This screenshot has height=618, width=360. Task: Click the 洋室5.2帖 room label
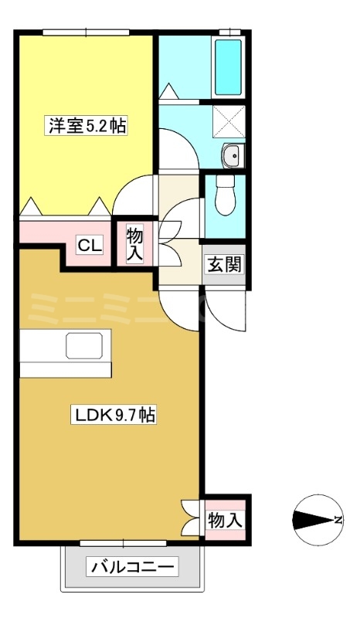[x=87, y=125]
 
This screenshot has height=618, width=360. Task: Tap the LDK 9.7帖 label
[x=115, y=416]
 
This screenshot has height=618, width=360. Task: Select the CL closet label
[x=89, y=246]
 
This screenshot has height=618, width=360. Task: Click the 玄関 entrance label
[x=224, y=264]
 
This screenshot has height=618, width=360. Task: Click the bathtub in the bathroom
[x=228, y=67]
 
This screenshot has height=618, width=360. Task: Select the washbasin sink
[x=231, y=156]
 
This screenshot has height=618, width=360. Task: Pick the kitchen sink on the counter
[x=89, y=346]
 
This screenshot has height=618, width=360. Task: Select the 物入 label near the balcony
[x=225, y=521]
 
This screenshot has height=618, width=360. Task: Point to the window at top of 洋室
[x=85, y=32]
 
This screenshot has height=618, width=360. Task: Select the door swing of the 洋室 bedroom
[x=133, y=195]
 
